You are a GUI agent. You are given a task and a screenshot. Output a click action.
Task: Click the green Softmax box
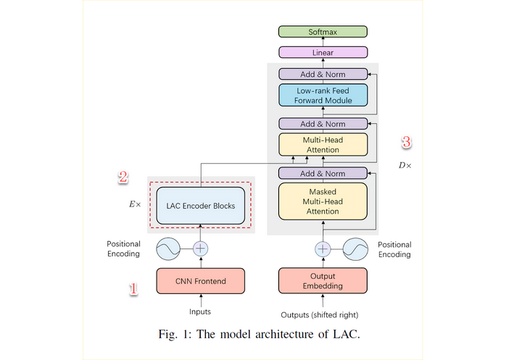(x=323, y=32)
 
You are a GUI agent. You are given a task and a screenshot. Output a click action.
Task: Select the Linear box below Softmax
(x=323, y=53)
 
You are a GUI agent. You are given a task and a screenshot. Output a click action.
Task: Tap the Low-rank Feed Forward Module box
(x=323, y=96)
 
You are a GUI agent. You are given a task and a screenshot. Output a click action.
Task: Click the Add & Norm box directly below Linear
(x=323, y=74)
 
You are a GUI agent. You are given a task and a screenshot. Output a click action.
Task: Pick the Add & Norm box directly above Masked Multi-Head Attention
(x=323, y=174)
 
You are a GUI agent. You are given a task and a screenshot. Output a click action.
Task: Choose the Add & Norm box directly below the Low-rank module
(x=323, y=124)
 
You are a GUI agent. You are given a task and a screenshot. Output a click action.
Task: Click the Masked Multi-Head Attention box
(x=323, y=201)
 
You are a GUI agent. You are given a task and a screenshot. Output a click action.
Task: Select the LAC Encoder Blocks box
(x=200, y=206)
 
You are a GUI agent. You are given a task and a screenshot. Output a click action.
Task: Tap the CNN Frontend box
(x=200, y=281)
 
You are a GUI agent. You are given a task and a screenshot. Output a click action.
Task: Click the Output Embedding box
(x=323, y=281)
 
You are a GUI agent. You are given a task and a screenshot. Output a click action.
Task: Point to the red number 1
(x=133, y=289)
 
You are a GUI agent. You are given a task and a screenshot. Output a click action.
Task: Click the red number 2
(x=123, y=176)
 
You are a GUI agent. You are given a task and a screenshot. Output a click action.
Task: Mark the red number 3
(x=406, y=142)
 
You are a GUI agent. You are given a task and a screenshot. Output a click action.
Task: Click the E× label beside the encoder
(x=135, y=205)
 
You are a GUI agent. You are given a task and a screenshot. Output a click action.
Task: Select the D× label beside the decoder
(x=405, y=165)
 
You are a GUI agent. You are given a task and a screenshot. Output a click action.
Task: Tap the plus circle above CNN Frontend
(x=200, y=249)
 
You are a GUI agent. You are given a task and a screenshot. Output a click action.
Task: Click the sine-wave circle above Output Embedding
(x=356, y=249)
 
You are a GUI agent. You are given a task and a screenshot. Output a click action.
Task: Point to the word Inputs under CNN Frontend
(x=200, y=312)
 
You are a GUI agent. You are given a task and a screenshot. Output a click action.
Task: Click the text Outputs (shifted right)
(x=319, y=315)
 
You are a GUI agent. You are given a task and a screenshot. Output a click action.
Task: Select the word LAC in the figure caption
(x=344, y=335)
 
